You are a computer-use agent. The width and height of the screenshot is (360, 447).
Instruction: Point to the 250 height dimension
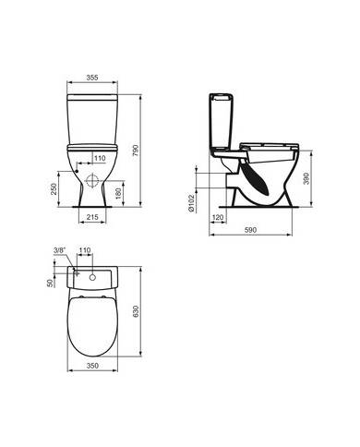[x=56, y=188]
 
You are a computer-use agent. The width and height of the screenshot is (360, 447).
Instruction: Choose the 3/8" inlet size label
[x=60, y=250]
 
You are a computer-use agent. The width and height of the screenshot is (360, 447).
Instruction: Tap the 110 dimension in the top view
[x=86, y=250]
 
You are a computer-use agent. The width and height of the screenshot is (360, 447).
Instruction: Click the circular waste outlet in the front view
[x=94, y=177]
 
